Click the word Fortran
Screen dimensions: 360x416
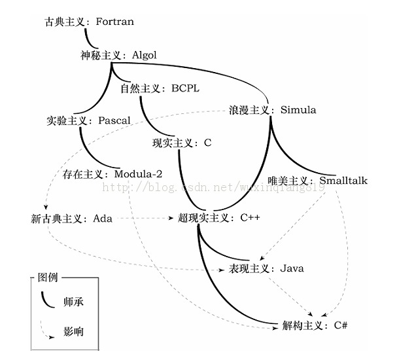pos(114,22)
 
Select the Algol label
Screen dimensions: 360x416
pos(145,55)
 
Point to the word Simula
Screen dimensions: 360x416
pos(298,109)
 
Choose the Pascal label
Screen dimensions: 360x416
pos(114,120)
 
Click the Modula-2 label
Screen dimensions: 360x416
pos(138,174)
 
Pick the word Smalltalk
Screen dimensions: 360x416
pos(343,180)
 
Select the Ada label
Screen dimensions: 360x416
pos(102,218)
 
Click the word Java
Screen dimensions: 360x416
pos(292,268)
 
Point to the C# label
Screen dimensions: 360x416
pos(340,325)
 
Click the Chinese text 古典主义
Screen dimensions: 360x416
pos(65,22)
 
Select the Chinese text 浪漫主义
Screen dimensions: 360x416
pos(249,109)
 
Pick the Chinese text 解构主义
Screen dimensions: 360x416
pos(302,325)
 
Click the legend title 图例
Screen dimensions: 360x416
pos(48,278)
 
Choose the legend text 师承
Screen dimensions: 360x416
pos(73,302)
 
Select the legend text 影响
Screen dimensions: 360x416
pos(73,332)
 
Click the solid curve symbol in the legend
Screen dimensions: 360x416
pos(46,300)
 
